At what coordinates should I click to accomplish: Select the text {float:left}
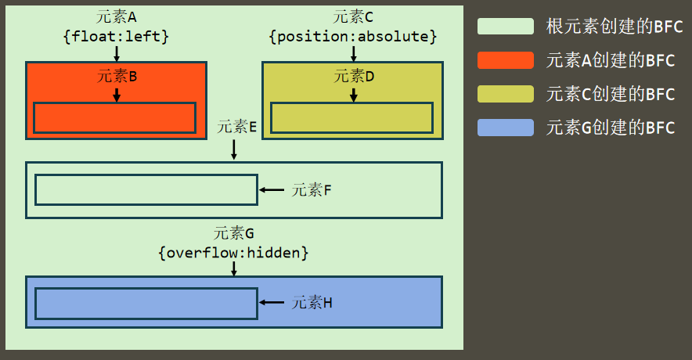pyautogui.click(x=117, y=36)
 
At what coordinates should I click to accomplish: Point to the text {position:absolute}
pyautogui.click(x=353, y=36)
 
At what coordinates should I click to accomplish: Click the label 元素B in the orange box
pyautogui.click(x=117, y=76)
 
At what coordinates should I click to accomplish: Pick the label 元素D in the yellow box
pyautogui.click(x=354, y=76)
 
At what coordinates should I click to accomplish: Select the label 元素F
pyautogui.click(x=312, y=190)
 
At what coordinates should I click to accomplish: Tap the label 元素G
pyautogui.click(x=234, y=234)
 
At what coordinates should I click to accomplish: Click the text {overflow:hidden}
pyautogui.click(x=234, y=253)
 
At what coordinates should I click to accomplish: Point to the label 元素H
pyautogui.click(x=312, y=303)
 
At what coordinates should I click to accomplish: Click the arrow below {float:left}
pyautogui.click(x=117, y=53)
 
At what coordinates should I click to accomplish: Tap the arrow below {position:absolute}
pyautogui.click(x=354, y=53)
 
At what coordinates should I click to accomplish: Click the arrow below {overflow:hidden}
pyautogui.click(x=234, y=268)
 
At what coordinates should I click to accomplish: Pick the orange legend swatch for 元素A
pyautogui.click(x=506, y=60)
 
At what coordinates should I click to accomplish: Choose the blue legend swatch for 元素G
pyautogui.click(x=506, y=128)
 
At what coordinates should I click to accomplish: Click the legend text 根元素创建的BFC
pyautogui.click(x=615, y=27)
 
